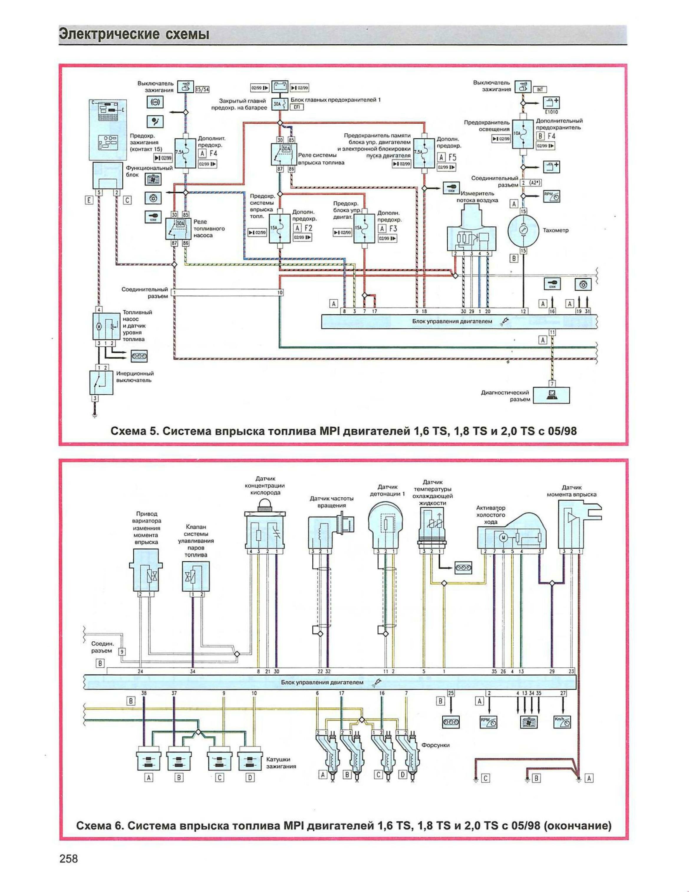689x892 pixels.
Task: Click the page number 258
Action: point(69,870)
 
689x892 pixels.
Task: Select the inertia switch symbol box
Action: point(101,383)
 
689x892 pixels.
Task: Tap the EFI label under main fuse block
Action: point(297,107)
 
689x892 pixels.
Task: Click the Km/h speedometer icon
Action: point(562,722)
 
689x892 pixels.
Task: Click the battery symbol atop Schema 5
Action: point(280,87)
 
